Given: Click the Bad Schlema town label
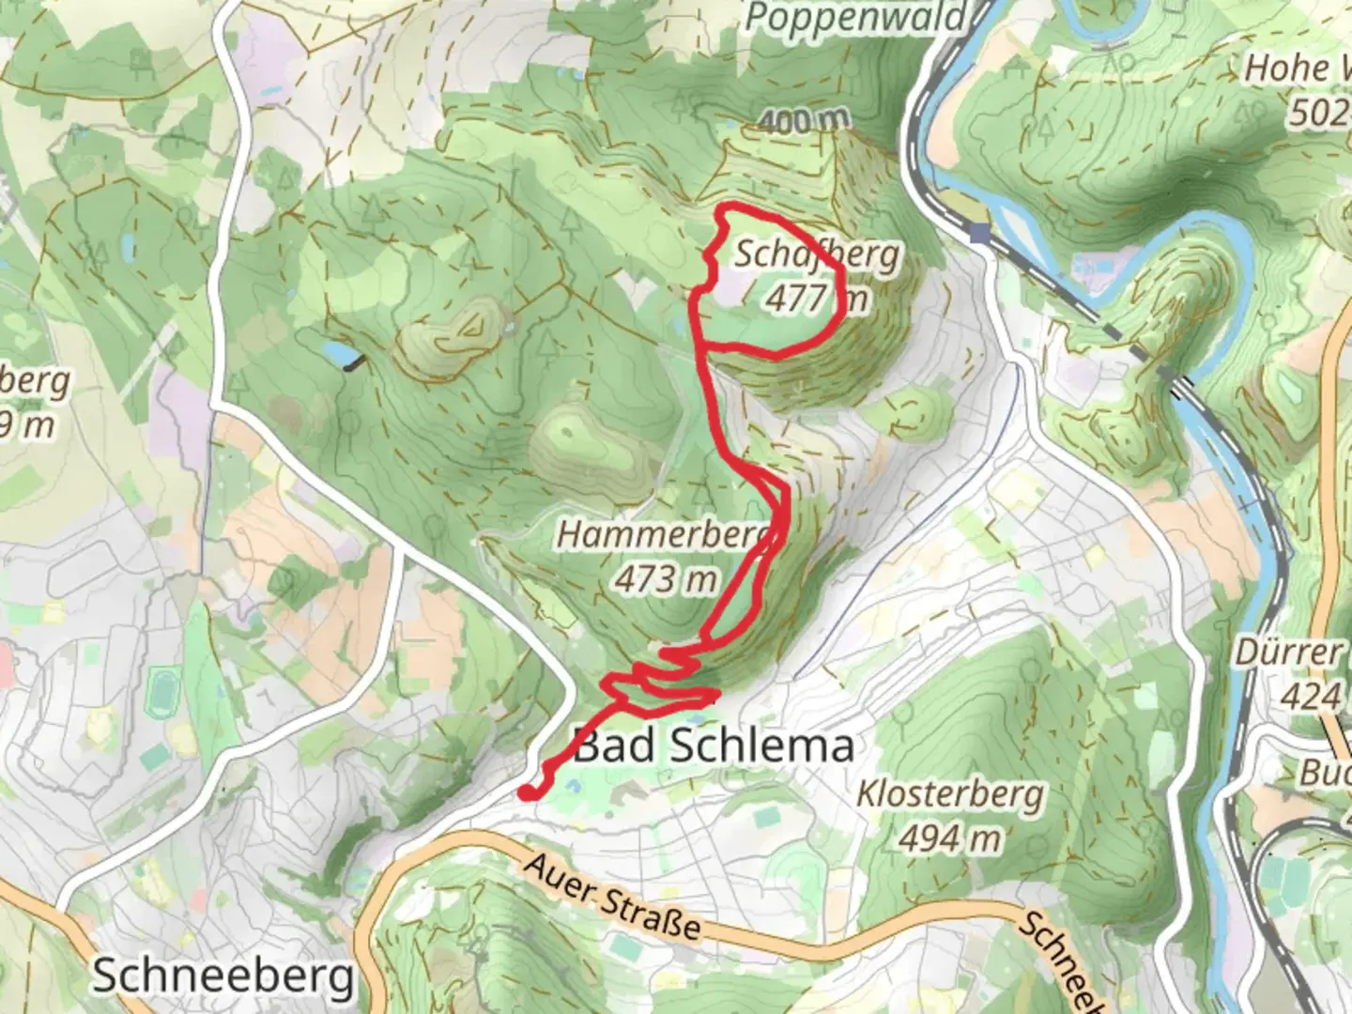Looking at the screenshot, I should pos(714,745).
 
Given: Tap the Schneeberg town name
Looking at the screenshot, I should pos(223,976).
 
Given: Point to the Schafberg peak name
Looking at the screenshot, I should pos(804,254).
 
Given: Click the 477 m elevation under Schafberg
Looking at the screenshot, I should pos(815,299).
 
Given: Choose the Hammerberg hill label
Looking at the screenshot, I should pos(667,535).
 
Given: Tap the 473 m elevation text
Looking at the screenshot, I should pos(667,579).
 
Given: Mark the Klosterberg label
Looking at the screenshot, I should pos(949,794).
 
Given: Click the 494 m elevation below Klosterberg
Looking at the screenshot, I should pos(949,837).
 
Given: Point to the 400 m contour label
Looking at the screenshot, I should pos(803,120).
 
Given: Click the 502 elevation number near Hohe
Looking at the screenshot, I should pos(1319,113).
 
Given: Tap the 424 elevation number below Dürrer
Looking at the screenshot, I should pos(1311,697).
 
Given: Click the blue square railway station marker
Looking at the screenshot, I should pos(981,232).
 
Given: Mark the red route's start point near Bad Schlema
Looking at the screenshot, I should pos(527,793).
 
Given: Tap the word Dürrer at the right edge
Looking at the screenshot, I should pos(1288,653).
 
